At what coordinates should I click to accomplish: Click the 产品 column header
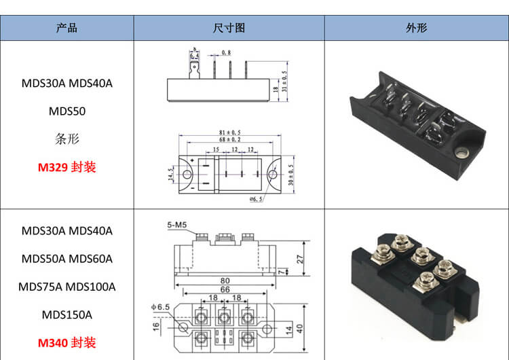pos(67,28)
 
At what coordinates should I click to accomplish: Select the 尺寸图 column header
pos(229,28)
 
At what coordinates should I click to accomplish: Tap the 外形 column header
pos(416,28)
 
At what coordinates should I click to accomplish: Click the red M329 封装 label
pos(67,166)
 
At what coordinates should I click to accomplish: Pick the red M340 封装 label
pos(67,342)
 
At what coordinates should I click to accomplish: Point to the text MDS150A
pos(67,314)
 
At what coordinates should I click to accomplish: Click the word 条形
pos(67,139)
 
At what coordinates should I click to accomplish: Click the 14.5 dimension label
pos(171,175)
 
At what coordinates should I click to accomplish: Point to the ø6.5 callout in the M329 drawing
pos(256,198)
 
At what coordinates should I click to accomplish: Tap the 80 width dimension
pos(224,280)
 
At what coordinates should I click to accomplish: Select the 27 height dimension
pos(300,257)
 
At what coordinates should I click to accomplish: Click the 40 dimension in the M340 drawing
pos(299,328)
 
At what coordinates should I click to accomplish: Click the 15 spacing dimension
pos(215,149)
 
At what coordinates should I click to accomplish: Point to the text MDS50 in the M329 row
pos(67,111)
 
